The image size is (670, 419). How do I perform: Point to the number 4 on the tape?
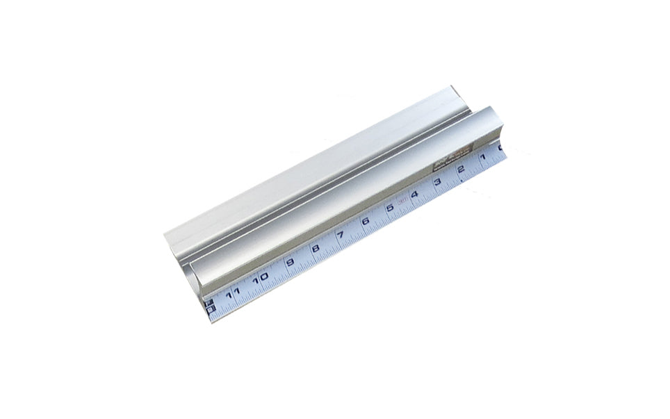point(414,195)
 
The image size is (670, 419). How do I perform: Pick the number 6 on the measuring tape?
point(366,221)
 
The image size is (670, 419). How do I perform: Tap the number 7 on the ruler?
point(341,234)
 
